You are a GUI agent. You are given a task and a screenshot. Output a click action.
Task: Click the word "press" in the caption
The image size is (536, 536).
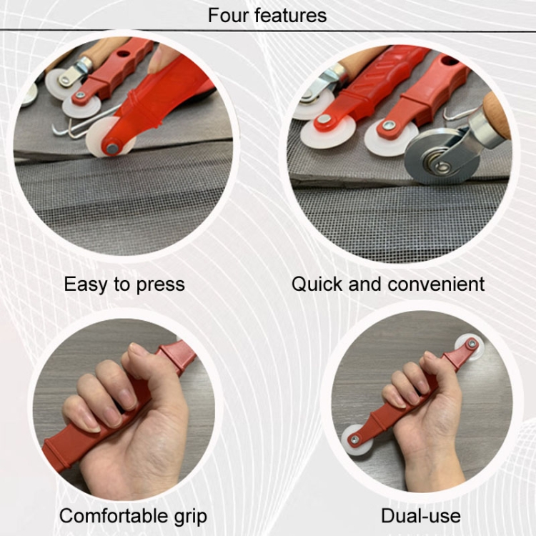tap(161, 285)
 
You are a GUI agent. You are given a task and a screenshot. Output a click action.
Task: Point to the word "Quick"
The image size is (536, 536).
tap(317, 284)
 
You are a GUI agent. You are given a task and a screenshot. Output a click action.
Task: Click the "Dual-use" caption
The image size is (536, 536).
tap(421, 515)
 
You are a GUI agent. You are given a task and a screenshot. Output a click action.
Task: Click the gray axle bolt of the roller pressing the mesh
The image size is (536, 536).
tap(112, 149)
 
